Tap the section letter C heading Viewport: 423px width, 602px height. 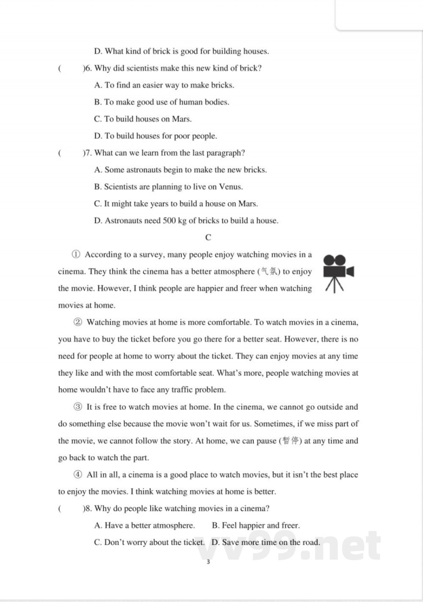pos(208,238)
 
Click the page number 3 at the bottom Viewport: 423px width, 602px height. pos(208,562)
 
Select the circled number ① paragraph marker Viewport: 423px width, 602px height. pos(76,255)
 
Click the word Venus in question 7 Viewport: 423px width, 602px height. pos(231,187)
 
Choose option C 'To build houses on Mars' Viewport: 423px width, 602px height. pos(143,119)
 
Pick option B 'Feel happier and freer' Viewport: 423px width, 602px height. pos(255,526)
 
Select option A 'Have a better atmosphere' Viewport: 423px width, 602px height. pos(144,526)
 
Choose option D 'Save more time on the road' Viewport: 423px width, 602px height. pos(265,543)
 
